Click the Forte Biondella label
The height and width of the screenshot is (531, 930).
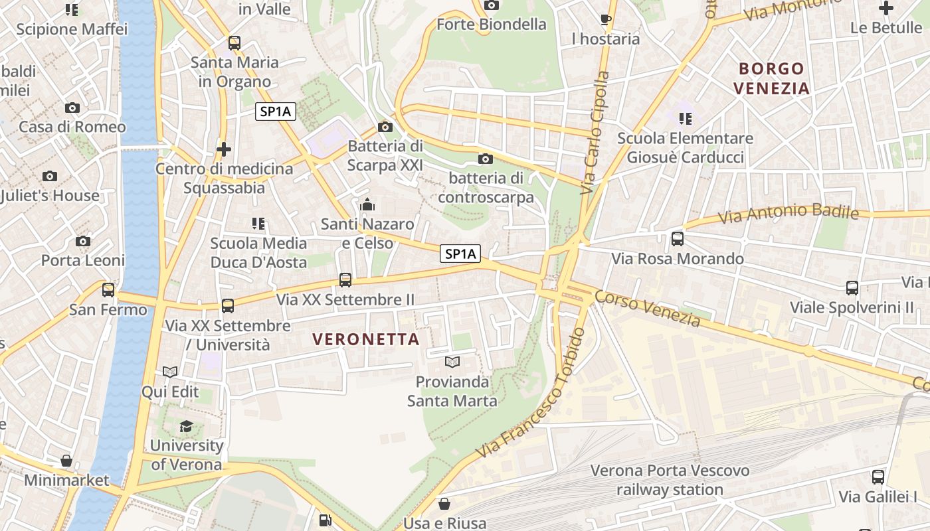tap(492, 25)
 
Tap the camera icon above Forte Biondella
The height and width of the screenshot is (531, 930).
tap(492, 5)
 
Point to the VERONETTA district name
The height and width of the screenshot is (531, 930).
tap(366, 339)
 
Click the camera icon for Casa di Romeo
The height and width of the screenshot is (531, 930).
tap(72, 108)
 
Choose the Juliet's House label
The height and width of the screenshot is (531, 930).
tap(50, 196)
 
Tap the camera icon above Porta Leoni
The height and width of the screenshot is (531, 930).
tap(83, 241)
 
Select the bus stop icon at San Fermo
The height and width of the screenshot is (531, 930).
tap(108, 290)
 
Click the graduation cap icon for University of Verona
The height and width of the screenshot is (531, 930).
tap(186, 426)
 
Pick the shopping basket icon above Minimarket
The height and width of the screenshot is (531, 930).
tap(66, 461)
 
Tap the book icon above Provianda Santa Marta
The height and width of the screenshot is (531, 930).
tap(452, 362)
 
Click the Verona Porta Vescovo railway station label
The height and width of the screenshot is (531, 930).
tap(670, 481)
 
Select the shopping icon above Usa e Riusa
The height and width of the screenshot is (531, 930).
tap(444, 504)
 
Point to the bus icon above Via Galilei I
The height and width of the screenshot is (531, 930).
tap(878, 477)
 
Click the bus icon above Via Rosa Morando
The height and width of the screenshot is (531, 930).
tap(678, 239)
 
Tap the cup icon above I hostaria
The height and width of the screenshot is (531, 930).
tap(606, 19)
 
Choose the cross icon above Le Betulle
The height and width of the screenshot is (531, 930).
tap(886, 8)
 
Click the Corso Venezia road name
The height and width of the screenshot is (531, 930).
tap(648, 309)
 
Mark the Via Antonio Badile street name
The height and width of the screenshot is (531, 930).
tap(789, 213)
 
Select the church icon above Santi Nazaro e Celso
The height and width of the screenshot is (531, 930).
tap(367, 204)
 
